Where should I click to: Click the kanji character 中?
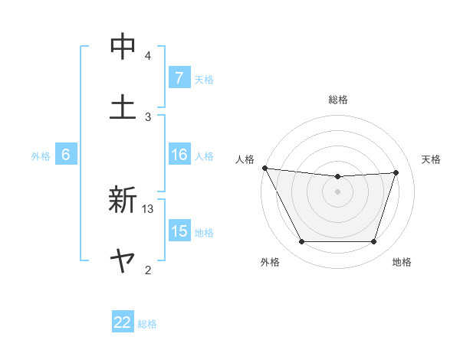click(123, 47)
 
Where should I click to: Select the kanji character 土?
click(123, 106)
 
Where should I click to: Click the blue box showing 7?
click(179, 78)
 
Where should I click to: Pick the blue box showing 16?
click(179, 155)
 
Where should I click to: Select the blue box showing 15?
click(179, 231)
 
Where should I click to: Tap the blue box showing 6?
click(65, 155)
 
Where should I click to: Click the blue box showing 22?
click(123, 322)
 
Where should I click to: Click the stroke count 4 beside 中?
click(148, 55)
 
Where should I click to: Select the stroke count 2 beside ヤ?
click(148, 270)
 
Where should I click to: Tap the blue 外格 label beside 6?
click(41, 155)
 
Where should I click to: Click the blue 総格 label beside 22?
click(147, 323)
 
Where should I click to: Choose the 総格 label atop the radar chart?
click(338, 100)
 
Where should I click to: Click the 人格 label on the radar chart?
click(245, 159)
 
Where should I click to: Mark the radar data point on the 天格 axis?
click(396, 172)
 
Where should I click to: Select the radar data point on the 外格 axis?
click(301, 242)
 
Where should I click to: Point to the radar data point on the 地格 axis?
click(373, 242)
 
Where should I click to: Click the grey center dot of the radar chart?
click(337, 191)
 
